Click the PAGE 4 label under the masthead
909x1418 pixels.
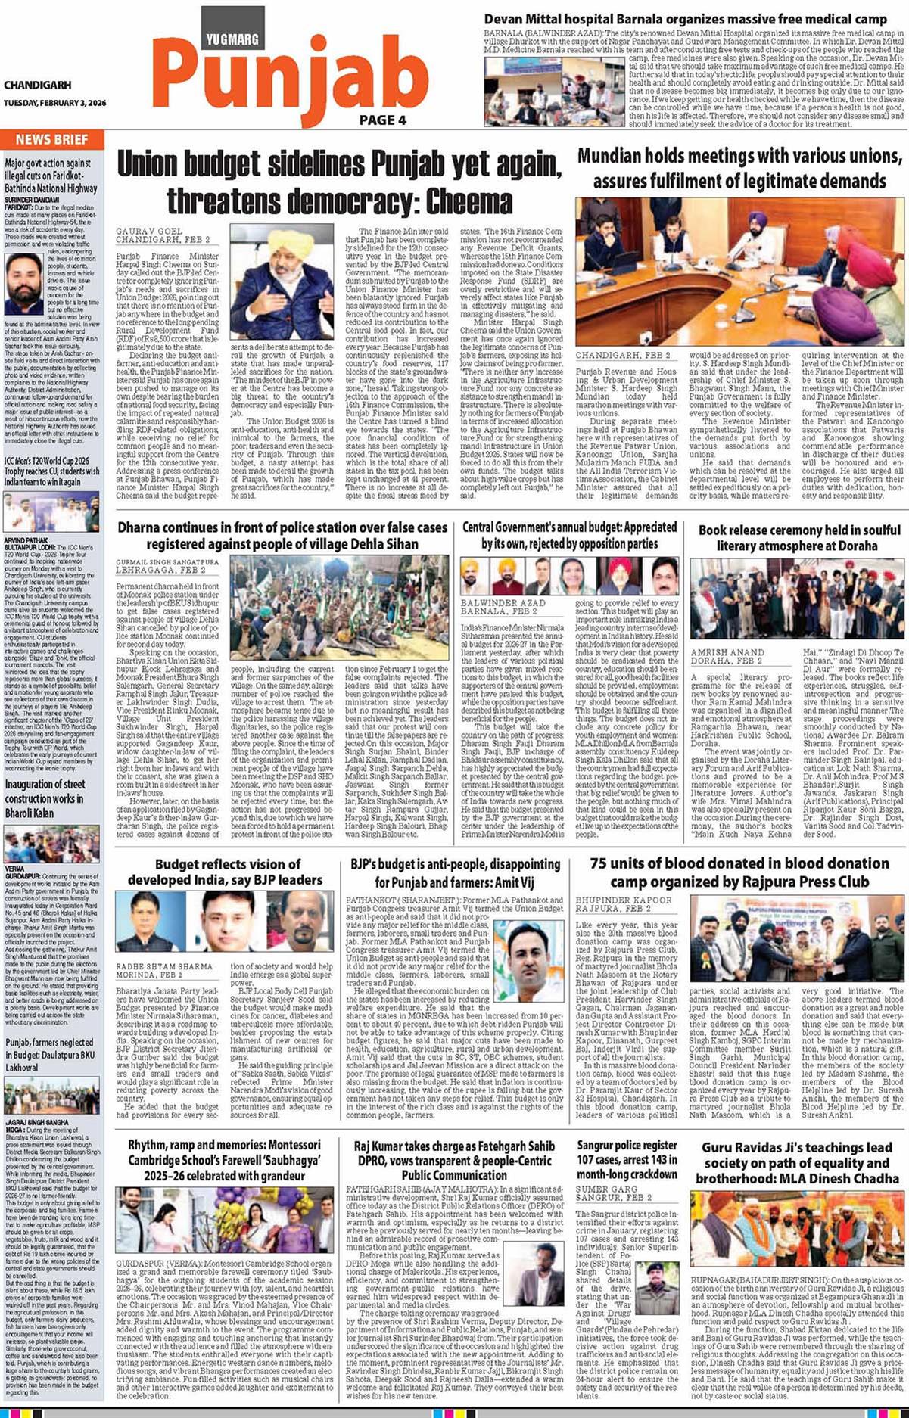click(382, 120)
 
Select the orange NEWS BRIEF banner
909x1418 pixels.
click(51, 139)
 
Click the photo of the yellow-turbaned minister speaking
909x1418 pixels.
click(281, 283)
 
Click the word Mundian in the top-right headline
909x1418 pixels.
click(609, 157)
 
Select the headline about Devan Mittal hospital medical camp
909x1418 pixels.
click(685, 19)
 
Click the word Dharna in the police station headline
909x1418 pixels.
click(139, 527)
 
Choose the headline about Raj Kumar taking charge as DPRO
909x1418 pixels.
click(454, 1160)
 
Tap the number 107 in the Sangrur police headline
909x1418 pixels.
click(590, 1160)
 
